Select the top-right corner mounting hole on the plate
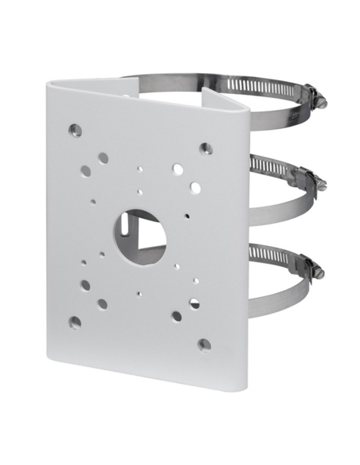coord(205,148)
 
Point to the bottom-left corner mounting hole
coord(74,322)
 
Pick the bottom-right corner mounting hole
coord(204,345)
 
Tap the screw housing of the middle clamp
coord(309,177)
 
